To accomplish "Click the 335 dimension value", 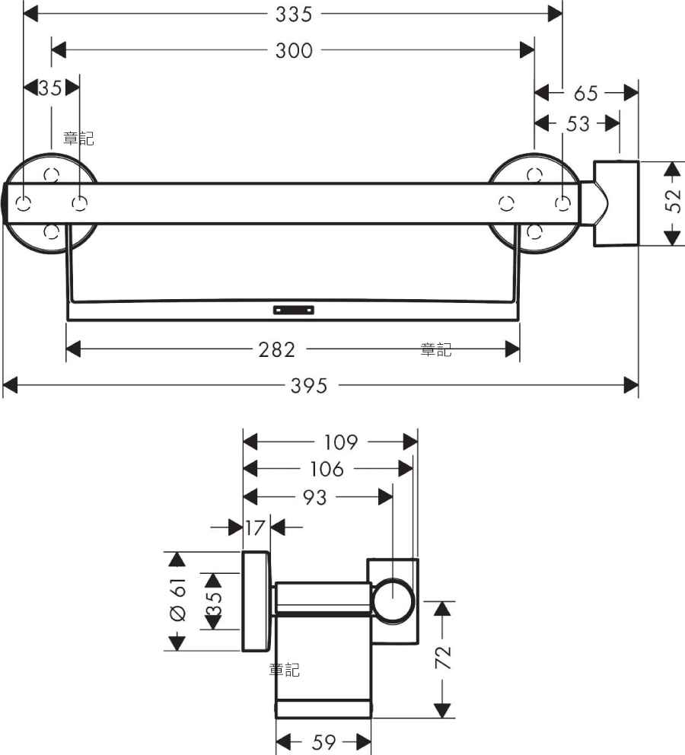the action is pyautogui.click(x=294, y=14).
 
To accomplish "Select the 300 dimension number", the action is pyautogui.click(x=294, y=50).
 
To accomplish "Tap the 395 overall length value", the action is pyautogui.click(x=309, y=386).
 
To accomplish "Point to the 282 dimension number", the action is pyautogui.click(x=277, y=349).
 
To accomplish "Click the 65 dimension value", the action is pyautogui.click(x=586, y=94).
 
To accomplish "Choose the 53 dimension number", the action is pyautogui.click(x=578, y=124).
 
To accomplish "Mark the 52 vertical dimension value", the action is pyautogui.click(x=674, y=201).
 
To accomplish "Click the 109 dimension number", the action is pyautogui.click(x=341, y=442).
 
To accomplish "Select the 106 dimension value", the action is pyautogui.click(x=327, y=469).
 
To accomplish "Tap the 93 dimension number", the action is pyautogui.click(x=315, y=498).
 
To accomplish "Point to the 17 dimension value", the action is pyautogui.click(x=255, y=527).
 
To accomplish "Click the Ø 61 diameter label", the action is pyautogui.click(x=177, y=600).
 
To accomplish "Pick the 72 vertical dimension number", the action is pyautogui.click(x=444, y=658).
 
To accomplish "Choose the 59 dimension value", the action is pyautogui.click(x=323, y=742).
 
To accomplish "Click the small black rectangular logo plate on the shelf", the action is pyautogui.click(x=294, y=310).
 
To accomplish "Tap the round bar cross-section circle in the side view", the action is pyautogui.click(x=393, y=601).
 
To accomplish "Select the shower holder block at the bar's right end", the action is pyautogui.click(x=616, y=204).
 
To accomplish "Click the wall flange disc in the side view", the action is pyautogui.click(x=255, y=601).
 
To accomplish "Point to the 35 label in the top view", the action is pyautogui.click(x=50, y=88).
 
